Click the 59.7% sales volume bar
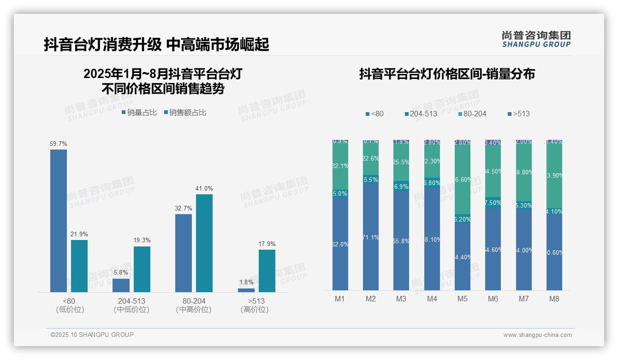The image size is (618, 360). (x=59, y=221)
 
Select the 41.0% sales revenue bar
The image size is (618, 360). (x=204, y=243)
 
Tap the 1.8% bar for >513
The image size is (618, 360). (x=246, y=290)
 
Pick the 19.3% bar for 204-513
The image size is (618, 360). (x=142, y=269)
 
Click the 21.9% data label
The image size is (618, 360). (x=79, y=234)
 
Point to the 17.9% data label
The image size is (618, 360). (x=267, y=244)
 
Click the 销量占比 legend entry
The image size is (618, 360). (x=139, y=113)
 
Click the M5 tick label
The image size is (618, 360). (x=463, y=299)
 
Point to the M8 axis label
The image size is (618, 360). (x=554, y=299)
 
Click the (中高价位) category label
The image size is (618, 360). (x=194, y=310)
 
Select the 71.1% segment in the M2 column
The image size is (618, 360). (x=371, y=237)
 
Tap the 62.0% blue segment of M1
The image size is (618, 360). (x=340, y=244)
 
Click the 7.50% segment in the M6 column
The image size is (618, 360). (x=493, y=203)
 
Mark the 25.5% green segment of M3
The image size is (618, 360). (x=401, y=162)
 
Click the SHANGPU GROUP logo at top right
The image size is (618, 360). (x=536, y=39)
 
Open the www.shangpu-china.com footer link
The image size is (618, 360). (x=537, y=335)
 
